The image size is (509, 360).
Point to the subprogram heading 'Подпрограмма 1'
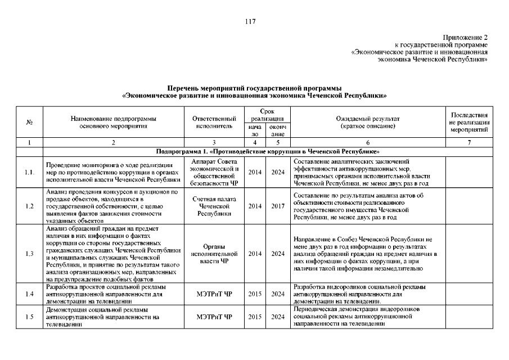pyautogui.click(x=268, y=152)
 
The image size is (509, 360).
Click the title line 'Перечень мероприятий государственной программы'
pyautogui.click(x=254, y=88)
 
